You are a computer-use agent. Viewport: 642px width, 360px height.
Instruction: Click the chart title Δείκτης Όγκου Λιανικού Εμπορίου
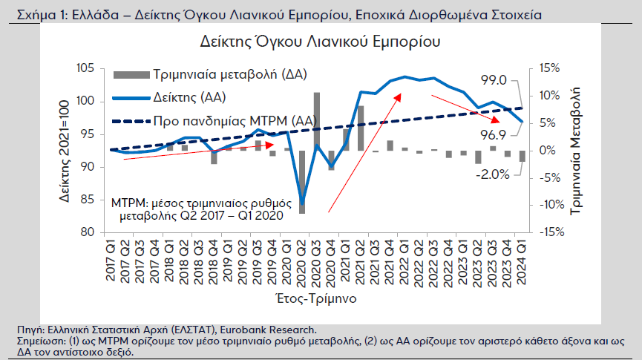pos(321,42)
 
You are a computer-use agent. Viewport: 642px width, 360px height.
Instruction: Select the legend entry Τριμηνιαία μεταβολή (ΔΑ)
pos(211,74)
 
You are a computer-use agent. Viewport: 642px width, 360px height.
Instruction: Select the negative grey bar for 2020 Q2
pos(302,182)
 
